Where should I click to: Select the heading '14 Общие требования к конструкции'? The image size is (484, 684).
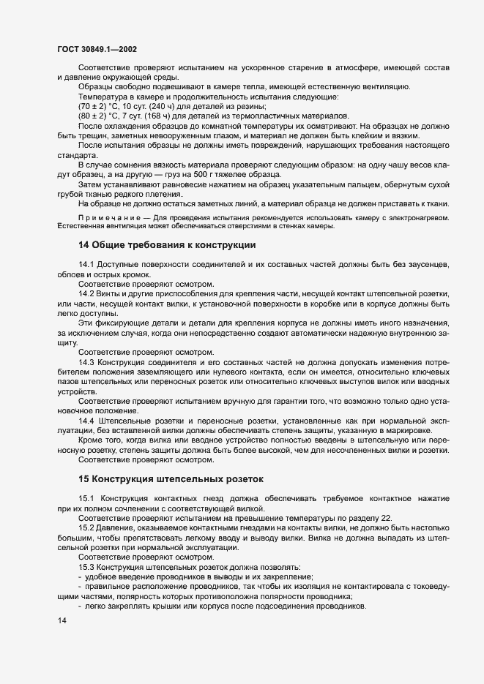click(x=167, y=245)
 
